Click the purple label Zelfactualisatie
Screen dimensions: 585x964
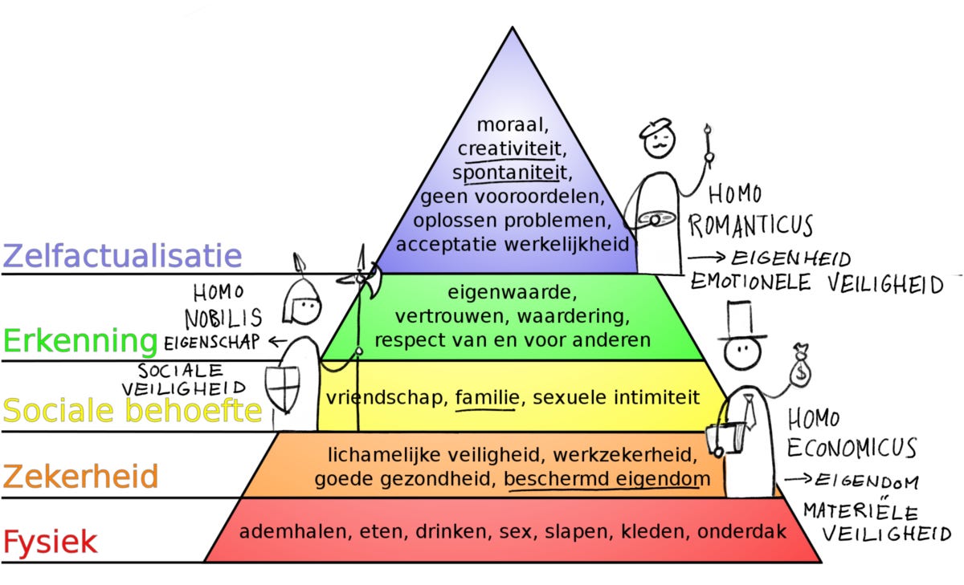(x=122, y=256)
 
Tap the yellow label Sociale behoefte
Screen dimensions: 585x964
(x=133, y=411)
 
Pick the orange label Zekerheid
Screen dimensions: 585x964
(x=80, y=477)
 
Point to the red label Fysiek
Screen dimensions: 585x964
(x=50, y=542)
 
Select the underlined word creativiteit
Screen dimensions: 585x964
(x=511, y=149)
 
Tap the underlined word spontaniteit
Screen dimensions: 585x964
(x=511, y=173)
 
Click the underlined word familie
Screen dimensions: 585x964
(x=484, y=396)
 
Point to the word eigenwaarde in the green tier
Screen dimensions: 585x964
(x=512, y=292)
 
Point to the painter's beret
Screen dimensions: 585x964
(x=655, y=128)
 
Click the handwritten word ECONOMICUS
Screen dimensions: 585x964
(x=852, y=447)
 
